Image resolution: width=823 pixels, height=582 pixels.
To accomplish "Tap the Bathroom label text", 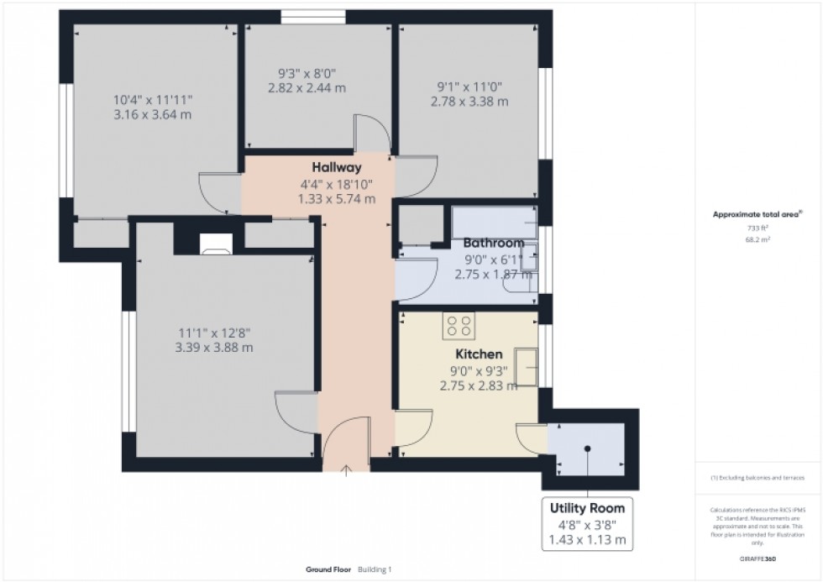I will click(x=494, y=244).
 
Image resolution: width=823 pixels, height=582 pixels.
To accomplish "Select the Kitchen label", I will click(x=479, y=354).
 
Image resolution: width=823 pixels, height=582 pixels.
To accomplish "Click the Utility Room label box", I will click(x=587, y=524).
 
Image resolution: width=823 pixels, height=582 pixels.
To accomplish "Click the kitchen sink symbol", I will click(x=527, y=366).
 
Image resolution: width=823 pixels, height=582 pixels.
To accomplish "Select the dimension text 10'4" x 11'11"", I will click(x=159, y=99).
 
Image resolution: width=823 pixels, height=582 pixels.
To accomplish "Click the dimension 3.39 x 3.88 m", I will click(x=214, y=347).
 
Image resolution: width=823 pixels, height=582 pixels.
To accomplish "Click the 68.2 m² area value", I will click(x=758, y=239).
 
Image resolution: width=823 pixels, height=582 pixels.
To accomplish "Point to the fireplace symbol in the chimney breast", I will click(x=216, y=244).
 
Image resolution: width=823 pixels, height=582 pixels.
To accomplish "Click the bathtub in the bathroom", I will click(x=495, y=222).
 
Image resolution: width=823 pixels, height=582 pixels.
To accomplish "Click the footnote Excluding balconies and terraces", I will click(x=758, y=477).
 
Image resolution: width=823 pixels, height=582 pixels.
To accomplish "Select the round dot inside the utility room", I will click(x=587, y=448).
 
